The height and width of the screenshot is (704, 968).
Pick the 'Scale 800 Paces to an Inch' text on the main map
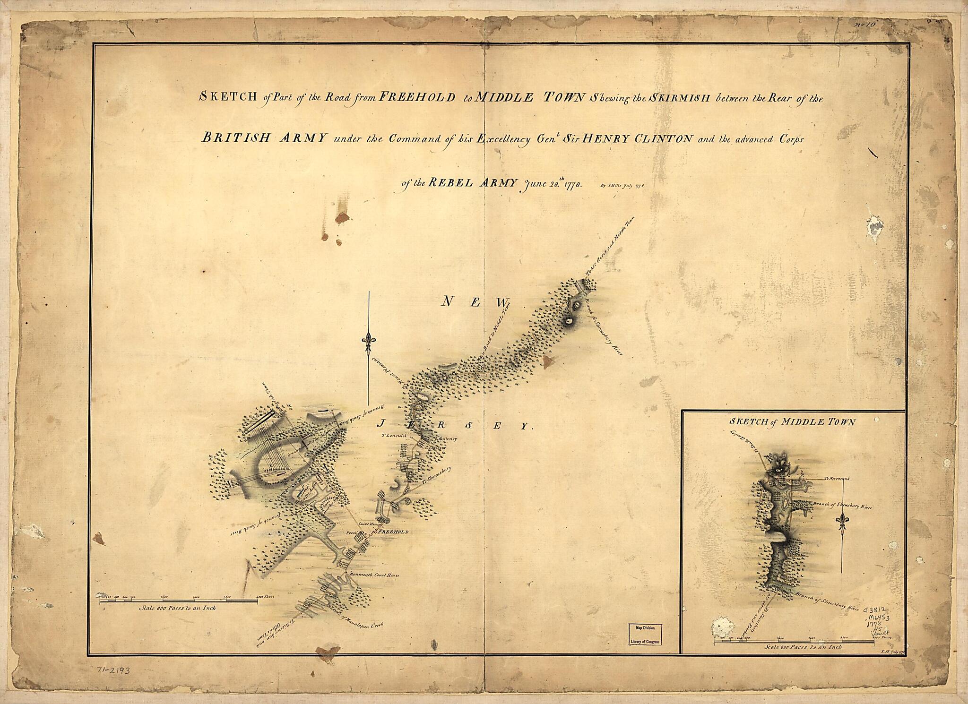(x=178, y=608)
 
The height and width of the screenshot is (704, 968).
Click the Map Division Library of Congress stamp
(x=645, y=634)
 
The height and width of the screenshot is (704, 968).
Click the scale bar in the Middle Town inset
(x=794, y=641)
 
